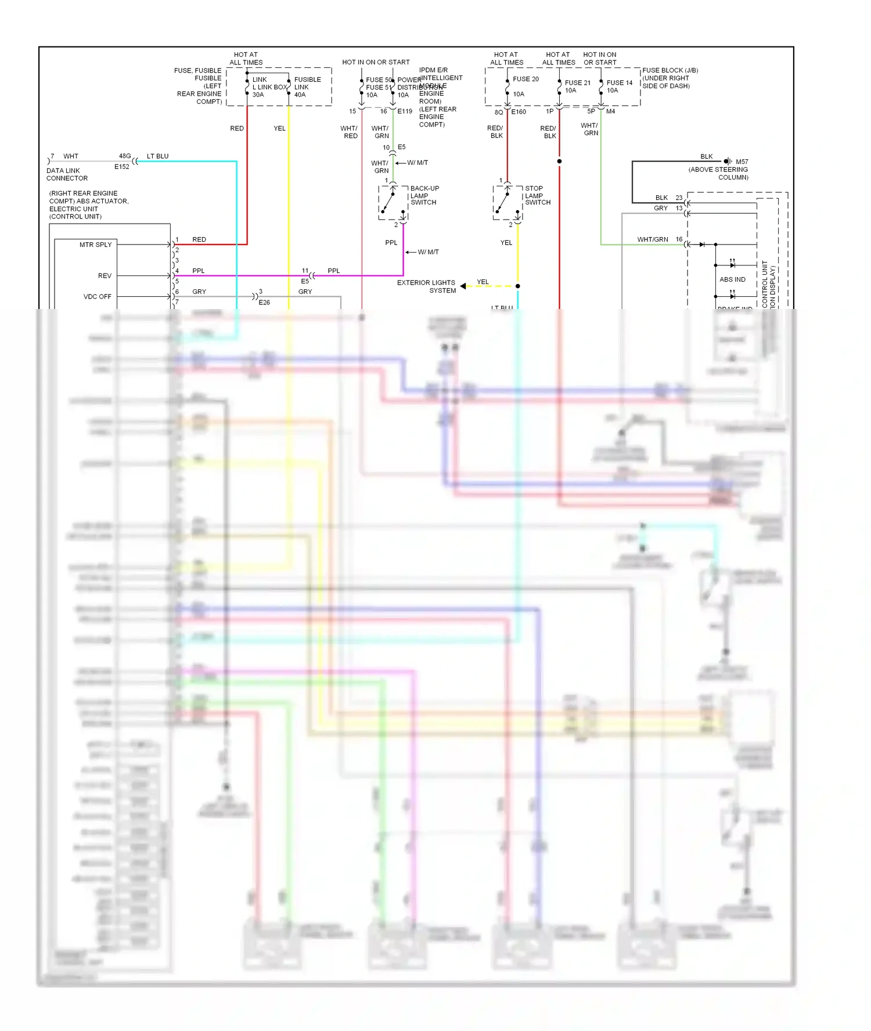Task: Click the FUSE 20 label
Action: point(526,79)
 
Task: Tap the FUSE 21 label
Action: point(577,83)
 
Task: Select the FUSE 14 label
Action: point(619,83)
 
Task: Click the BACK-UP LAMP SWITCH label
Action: point(424,195)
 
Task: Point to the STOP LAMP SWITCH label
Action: point(538,195)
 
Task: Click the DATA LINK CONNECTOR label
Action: point(67,174)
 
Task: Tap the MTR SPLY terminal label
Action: point(95,245)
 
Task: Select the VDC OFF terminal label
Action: point(97,296)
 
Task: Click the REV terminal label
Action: point(105,276)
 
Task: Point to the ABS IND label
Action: point(732,279)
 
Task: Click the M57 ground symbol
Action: point(727,161)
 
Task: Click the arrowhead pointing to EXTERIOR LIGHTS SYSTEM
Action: point(463,286)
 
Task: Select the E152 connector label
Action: point(122,167)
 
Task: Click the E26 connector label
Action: point(264,303)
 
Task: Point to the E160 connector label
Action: point(519,112)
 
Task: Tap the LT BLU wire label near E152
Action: point(157,156)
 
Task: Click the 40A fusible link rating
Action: point(300,95)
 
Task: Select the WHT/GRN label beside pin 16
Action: point(652,239)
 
